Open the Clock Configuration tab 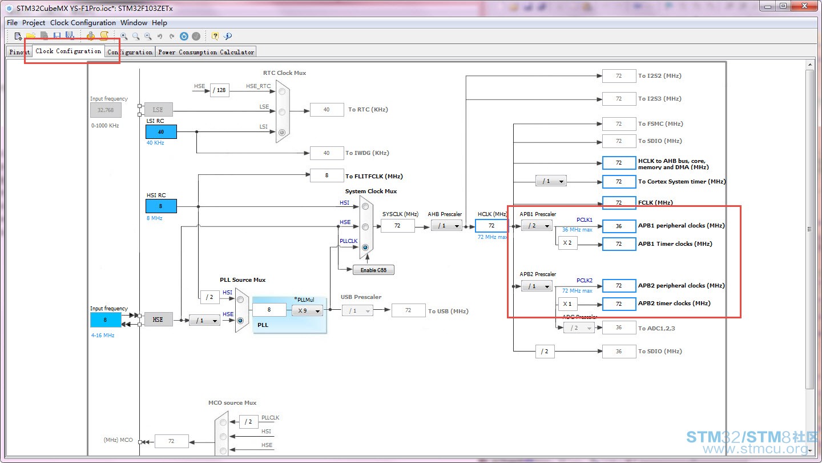68,51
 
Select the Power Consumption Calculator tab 206,52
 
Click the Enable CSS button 373,270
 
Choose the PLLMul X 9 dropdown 308,310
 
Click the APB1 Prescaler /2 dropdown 537,225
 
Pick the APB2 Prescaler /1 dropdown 537,286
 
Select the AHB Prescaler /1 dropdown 446,225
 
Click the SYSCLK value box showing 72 398,225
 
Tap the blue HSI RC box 161,206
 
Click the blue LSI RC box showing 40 161,131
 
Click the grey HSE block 158,320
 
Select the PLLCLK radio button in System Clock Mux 365,248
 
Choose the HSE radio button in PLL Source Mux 240,321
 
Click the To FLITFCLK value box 327,175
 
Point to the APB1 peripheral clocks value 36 619,226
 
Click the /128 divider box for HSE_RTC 219,90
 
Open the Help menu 159,23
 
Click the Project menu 33,23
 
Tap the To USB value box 409,310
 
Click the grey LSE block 158,110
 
